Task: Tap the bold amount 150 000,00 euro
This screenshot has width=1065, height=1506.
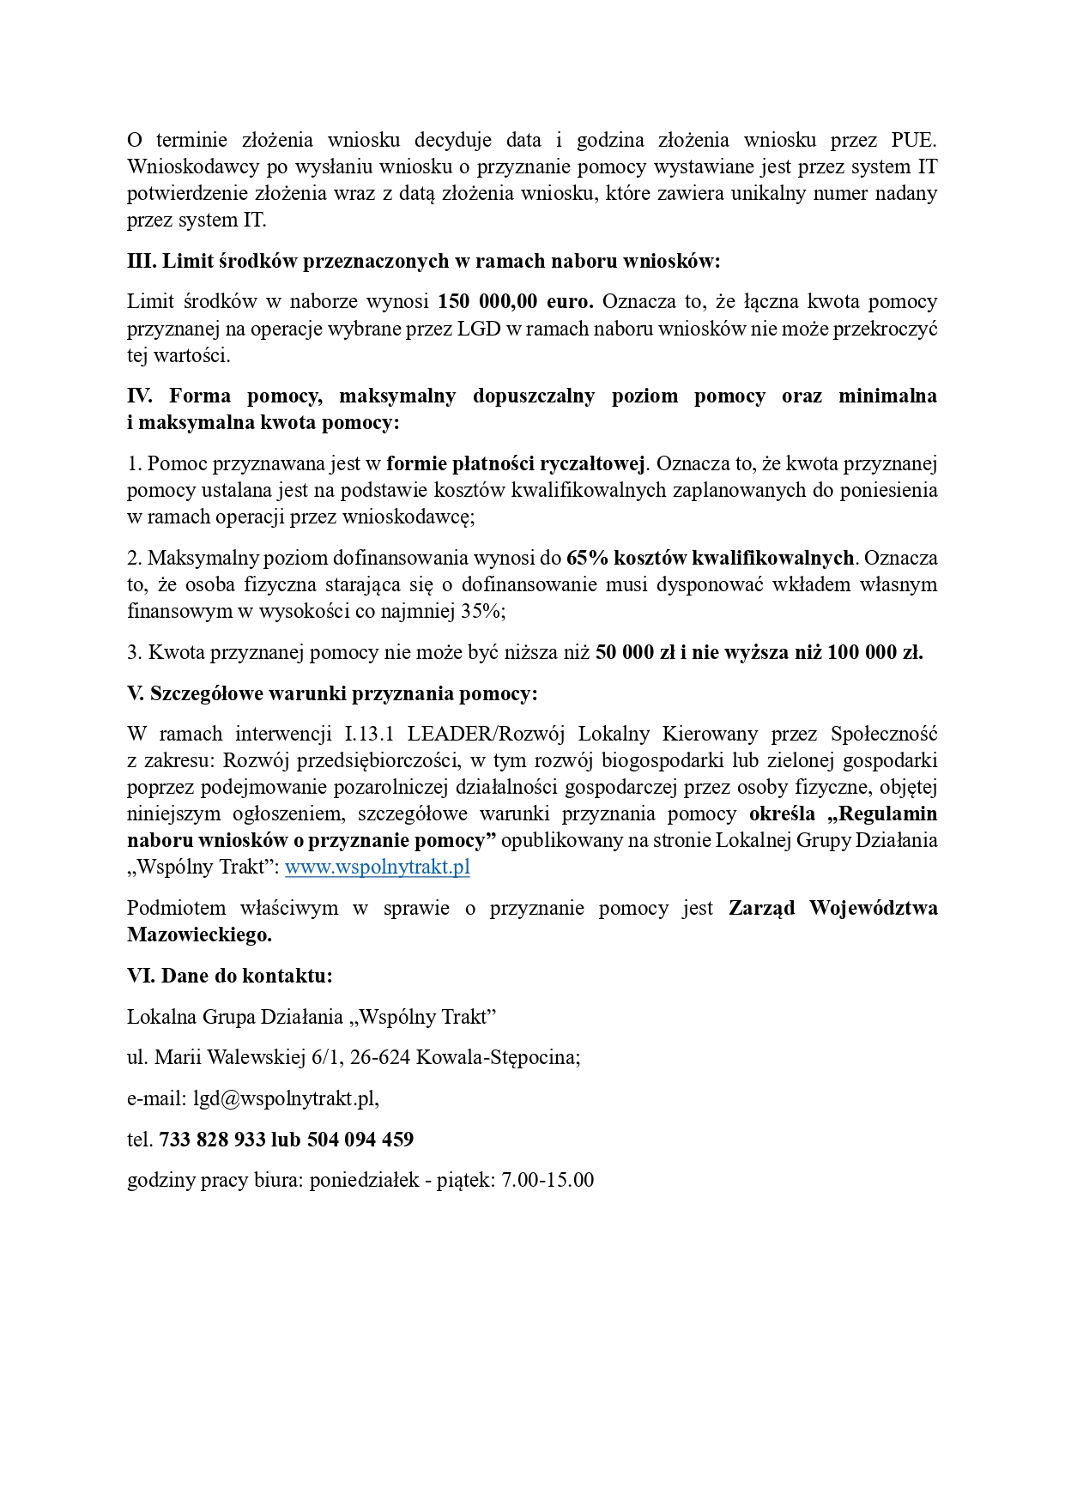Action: (x=515, y=301)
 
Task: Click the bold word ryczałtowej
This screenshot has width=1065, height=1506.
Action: (x=591, y=463)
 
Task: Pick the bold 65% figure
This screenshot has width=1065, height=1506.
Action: (x=587, y=558)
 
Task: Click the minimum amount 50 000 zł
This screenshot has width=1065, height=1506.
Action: (x=636, y=652)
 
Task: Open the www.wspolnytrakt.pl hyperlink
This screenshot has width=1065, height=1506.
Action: (x=377, y=867)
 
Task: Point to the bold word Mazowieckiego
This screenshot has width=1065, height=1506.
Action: (x=199, y=934)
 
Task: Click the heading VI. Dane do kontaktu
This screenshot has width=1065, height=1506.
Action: (x=229, y=976)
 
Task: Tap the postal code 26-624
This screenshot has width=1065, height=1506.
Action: (x=379, y=1057)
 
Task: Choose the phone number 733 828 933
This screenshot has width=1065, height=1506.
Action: (x=212, y=1140)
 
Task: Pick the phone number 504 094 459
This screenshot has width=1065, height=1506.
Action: (x=360, y=1140)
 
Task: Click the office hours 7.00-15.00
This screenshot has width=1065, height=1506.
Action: (x=548, y=1180)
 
